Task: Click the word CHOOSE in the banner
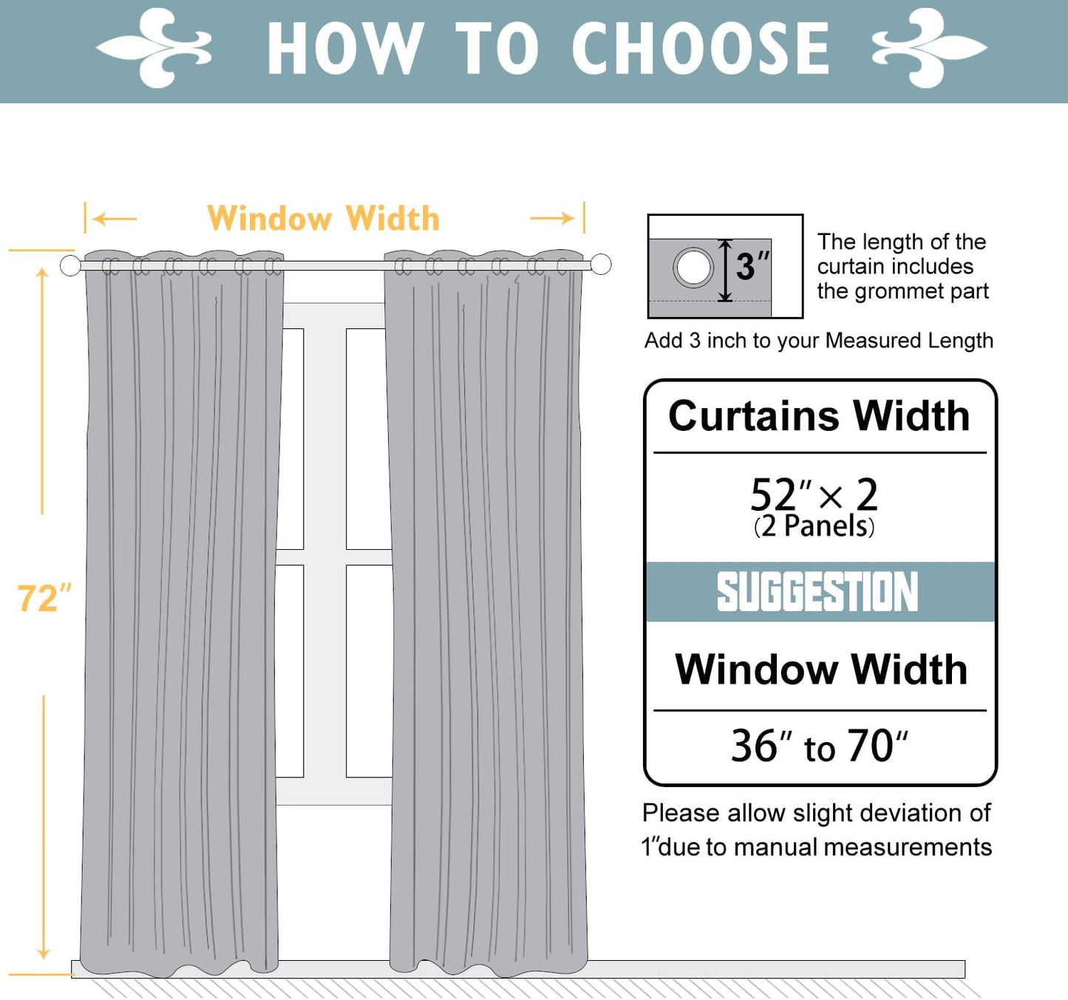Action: click(701, 49)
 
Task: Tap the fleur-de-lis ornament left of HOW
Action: click(155, 49)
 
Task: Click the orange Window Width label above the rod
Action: click(323, 219)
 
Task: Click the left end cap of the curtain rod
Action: click(70, 265)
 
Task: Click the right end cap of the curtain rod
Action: click(601, 264)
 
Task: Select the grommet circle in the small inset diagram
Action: click(693, 267)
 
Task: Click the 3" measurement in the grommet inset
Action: click(752, 267)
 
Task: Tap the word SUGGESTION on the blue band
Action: click(817, 592)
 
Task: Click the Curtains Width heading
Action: click(819, 416)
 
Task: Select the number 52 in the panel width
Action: click(772, 495)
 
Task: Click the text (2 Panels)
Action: click(814, 526)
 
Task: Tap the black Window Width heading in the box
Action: click(820, 670)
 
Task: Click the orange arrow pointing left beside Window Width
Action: click(115, 219)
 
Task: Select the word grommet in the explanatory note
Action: click(899, 292)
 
